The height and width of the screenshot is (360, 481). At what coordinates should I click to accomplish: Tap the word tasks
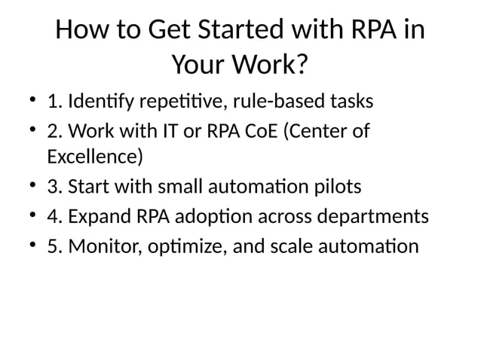[x=351, y=101]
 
